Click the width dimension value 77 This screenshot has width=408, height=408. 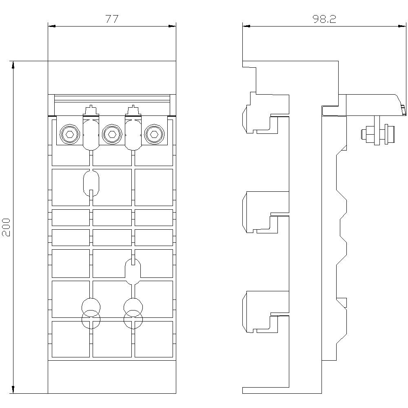click(x=112, y=19)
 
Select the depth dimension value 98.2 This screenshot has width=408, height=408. click(x=324, y=19)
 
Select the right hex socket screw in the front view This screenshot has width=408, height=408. click(x=153, y=134)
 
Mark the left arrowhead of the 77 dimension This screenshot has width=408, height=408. click(x=51, y=26)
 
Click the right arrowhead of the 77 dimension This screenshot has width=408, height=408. click(x=173, y=26)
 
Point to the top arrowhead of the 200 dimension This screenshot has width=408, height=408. click(x=13, y=64)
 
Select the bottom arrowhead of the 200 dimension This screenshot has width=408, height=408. click(x=13, y=390)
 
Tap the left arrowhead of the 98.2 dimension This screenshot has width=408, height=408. click(x=245, y=26)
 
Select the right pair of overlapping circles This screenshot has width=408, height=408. click(x=133, y=313)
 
